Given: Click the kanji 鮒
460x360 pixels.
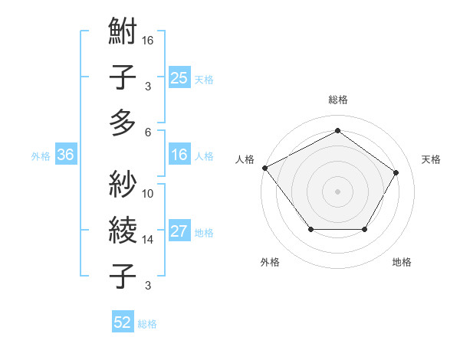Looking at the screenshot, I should pos(123,33).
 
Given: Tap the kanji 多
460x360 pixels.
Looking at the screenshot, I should pos(123,122).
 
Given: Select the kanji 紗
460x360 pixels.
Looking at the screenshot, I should pos(123,184).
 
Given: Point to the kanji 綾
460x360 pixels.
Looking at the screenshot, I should pos(123,229).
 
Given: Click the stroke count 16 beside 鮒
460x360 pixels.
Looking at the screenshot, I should pos(148,40).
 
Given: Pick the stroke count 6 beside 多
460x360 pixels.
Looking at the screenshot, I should pos(148,131).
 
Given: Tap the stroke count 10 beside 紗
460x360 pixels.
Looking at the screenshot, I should pos(148,193).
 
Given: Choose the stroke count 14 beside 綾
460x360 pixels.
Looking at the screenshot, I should pos(148,239).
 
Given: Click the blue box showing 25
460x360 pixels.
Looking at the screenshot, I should pos(179,78).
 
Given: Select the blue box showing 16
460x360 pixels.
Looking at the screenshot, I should pos(179,155).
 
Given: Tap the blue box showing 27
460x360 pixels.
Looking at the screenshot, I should pos(179,232).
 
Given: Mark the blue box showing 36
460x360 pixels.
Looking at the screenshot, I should pos(66,155).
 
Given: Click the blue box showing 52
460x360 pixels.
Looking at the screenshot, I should pos(123,322).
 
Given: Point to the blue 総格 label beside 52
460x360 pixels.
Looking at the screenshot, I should pos(147,323).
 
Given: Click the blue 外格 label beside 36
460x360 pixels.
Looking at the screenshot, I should pos(41,156).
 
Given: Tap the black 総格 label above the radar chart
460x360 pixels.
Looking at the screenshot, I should pos(337,100).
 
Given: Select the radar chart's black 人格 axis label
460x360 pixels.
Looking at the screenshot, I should pos(245,159).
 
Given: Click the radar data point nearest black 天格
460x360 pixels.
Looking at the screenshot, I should pos(396,172).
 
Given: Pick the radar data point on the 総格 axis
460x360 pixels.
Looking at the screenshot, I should pos(337,130).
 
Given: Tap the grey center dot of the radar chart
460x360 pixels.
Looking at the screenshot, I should pos(337,191).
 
